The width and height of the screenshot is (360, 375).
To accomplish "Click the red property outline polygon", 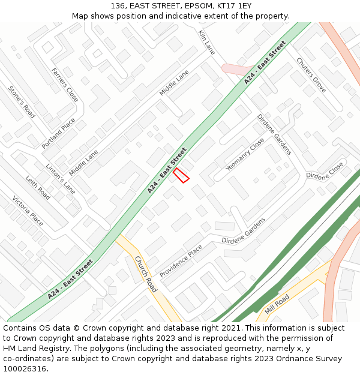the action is coord(181,175).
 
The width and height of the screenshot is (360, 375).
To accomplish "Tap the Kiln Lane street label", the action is coord(206,42).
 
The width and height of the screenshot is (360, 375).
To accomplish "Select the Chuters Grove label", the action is coord(311,75).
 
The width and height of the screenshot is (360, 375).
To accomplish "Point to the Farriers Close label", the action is coord(65,85).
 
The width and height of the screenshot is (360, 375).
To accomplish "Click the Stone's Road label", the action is coord(22,102).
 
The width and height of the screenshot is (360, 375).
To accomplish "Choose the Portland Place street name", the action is coord(59,133).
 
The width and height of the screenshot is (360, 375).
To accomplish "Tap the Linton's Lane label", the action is coord(61,179).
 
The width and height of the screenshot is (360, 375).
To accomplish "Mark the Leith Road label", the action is coord(38,188).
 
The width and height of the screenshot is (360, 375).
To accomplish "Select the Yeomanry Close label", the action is coord(245,154).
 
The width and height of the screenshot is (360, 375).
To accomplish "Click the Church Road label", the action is coord(146,274).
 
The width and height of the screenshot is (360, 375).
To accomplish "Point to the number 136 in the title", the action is coord(118,5).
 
